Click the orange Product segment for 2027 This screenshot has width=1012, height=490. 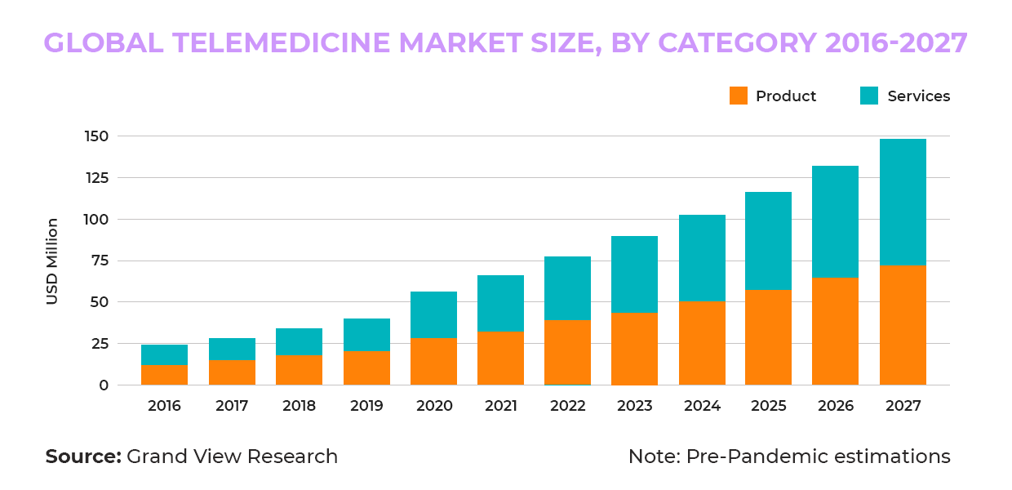click(x=903, y=326)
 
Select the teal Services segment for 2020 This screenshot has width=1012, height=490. click(x=433, y=315)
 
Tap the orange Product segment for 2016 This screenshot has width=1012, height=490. click(x=165, y=375)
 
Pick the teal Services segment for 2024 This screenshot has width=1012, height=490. click(x=702, y=258)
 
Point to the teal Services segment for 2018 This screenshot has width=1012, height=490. click(x=299, y=342)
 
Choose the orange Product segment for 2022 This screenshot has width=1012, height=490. click(x=567, y=353)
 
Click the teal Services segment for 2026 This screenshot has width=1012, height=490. click(x=835, y=222)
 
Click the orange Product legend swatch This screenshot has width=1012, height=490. click(x=739, y=96)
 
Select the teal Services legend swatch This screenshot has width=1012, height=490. click(x=869, y=96)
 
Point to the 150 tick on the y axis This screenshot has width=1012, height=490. click(x=96, y=136)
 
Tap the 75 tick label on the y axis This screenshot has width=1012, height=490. click(x=100, y=261)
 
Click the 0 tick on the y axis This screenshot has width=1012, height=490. click(x=104, y=385)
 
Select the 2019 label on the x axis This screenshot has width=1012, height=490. click(x=366, y=406)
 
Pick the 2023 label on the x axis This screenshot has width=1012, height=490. click(x=635, y=406)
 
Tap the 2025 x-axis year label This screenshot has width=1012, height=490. click(x=769, y=406)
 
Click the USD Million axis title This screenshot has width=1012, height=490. click(x=52, y=261)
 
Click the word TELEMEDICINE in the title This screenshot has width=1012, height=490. click(x=281, y=43)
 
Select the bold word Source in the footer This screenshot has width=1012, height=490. click(x=83, y=457)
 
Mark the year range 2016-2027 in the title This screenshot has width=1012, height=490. click(x=896, y=43)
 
